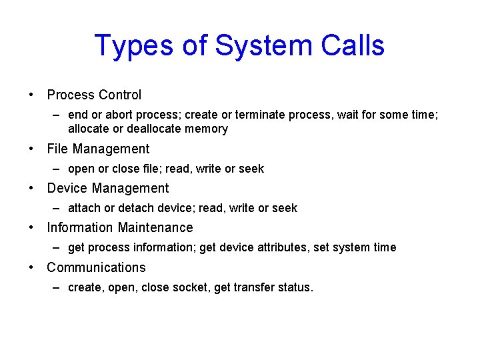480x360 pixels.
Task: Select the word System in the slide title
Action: pos(242,46)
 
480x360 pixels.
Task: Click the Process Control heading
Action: pos(94,95)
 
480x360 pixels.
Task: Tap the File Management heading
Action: pos(98,149)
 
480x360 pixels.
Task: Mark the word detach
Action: pos(135,208)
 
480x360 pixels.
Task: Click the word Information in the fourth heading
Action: pos(78,227)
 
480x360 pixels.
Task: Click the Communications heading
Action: pos(96,267)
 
